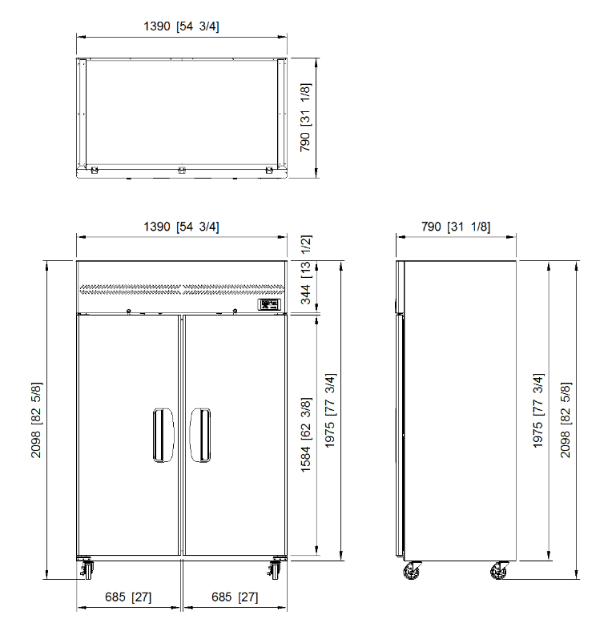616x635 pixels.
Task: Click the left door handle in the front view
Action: [x=163, y=435]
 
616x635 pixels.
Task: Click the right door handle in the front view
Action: [x=200, y=435]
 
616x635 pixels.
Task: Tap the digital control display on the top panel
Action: [x=269, y=304]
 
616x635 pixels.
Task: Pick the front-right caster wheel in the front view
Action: [x=275, y=569]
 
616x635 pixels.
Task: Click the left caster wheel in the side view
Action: [x=412, y=570]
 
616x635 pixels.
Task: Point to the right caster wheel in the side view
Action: [x=499, y=570]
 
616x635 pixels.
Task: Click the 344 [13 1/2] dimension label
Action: [x=306, y=269]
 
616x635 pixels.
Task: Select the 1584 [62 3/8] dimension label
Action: [x=306, y=435]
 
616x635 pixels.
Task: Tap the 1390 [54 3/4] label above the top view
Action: [x=181, y=26]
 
